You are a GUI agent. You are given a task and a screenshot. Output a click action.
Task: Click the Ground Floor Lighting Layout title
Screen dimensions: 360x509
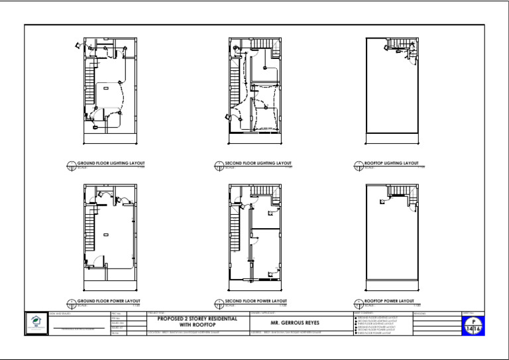pyautogui.click(x=111, y=163)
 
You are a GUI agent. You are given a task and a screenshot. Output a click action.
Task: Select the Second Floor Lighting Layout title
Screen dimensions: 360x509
pyautogui.click(x=258, y=163)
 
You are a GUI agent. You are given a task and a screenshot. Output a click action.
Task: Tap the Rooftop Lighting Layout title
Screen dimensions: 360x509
pyautogui.click(x=392, y=163)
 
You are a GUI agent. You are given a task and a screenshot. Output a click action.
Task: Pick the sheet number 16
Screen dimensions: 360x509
pyautogui.click(x=478, y=329)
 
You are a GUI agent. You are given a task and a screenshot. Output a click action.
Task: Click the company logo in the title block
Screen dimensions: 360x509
pyautogui.click(x=35, y=322)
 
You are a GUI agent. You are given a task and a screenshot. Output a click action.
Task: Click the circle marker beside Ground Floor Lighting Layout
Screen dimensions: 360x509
pyautogui.click(x=72, y=165)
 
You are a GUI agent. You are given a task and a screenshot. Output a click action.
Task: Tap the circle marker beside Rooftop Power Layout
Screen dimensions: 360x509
pyautogui.click(x=359, y=303)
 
